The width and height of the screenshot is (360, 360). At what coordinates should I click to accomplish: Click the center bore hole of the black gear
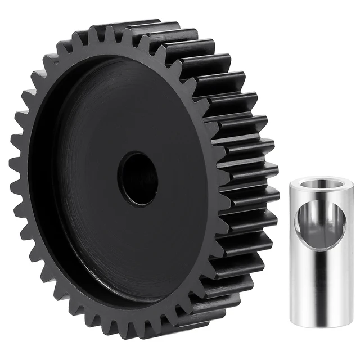coord(138,179)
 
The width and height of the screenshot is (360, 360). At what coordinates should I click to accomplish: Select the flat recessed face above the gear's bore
coord(138,112)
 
